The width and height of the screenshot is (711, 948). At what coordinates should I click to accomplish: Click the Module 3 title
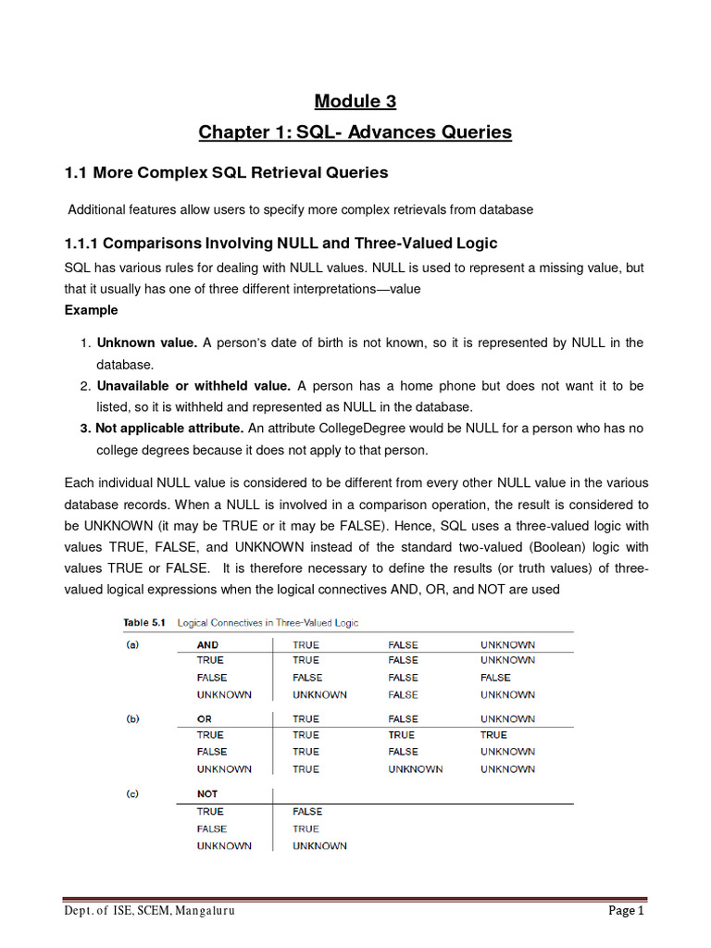point(355,101)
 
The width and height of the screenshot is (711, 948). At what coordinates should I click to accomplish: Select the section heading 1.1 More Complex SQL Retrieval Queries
point(226,172)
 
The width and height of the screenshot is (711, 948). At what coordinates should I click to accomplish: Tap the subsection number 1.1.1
point(81,243)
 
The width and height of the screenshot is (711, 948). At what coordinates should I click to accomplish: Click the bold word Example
point(91,310)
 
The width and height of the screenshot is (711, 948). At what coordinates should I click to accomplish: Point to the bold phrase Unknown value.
point(147,343)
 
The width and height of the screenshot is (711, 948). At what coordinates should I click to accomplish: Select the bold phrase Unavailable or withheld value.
point(193,385)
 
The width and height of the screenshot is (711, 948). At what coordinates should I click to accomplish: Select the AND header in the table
point(207,644)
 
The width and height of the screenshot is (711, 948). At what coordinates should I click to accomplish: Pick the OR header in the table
point(205,718)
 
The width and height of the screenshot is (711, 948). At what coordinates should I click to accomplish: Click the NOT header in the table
point(207,794)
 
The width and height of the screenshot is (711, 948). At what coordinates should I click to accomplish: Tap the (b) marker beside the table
point(132,718)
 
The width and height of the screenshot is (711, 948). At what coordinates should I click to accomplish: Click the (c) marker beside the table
point(132,794)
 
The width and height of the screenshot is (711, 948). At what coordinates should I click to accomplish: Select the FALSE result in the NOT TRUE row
point(307,812)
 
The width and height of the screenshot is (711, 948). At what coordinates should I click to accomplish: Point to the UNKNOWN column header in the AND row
point(507,644)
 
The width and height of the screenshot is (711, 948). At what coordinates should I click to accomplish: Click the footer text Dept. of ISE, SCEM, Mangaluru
point(149,911)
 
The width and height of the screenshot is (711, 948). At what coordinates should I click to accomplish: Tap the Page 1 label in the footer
point(625,911)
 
